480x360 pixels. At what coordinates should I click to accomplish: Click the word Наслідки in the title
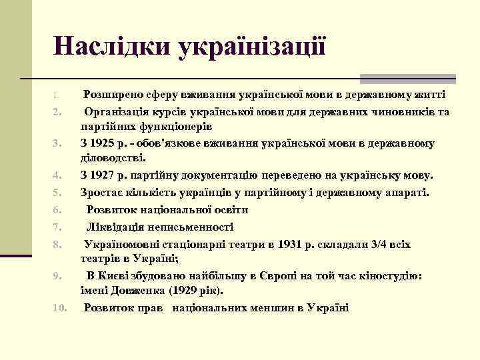(113, 46)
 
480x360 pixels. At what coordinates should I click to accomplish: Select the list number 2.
(57, 111)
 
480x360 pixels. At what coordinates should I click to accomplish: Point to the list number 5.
(57, 193)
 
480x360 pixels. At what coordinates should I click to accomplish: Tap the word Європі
(289, 275)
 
